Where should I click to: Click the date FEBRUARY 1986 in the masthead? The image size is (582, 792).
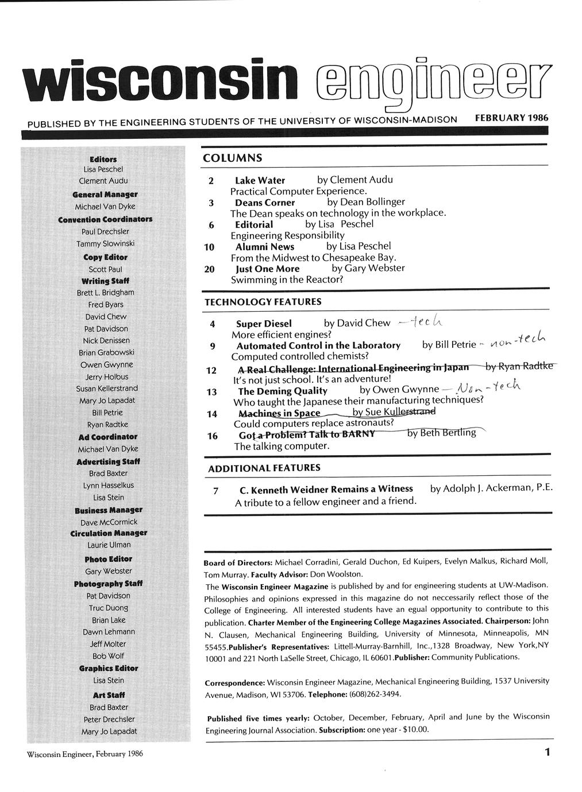pyautogui.click(x=511, y=118)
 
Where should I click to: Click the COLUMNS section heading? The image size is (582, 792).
pyautogui.click(x=232, y=158)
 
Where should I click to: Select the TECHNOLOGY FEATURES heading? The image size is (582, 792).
pyautogui.click(x=263, y=302)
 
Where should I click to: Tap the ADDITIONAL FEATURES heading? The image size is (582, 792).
pyautogui.click(x=264, y=468)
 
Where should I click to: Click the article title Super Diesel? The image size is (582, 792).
pyautogui.click(x=264, y=324)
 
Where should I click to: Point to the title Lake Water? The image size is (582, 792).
pyautogui.click(x=260, y=180)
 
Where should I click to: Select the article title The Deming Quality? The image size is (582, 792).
pyautogui.click(x=283, y=391)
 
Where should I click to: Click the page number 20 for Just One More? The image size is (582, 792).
pyautogui.click(x=210, y=269)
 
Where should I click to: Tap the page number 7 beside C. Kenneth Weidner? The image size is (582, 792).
pyautogui.click(x=215, y=491)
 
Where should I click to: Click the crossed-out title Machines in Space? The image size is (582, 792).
pyautogui.click(x=279, y=413)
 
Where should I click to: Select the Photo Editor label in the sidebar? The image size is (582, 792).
pyautogui.click(x=108, y=559)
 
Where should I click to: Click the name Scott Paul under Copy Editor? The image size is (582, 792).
pyautogui.click(x=106, y=269)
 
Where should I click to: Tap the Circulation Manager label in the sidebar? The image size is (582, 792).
pyautogui.click(x=108, y=533)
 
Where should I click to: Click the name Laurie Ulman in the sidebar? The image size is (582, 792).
pyautogui.click(x=109, y=545)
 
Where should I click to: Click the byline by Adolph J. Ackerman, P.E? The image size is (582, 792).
pyautogui.click(x=491, y=489)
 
